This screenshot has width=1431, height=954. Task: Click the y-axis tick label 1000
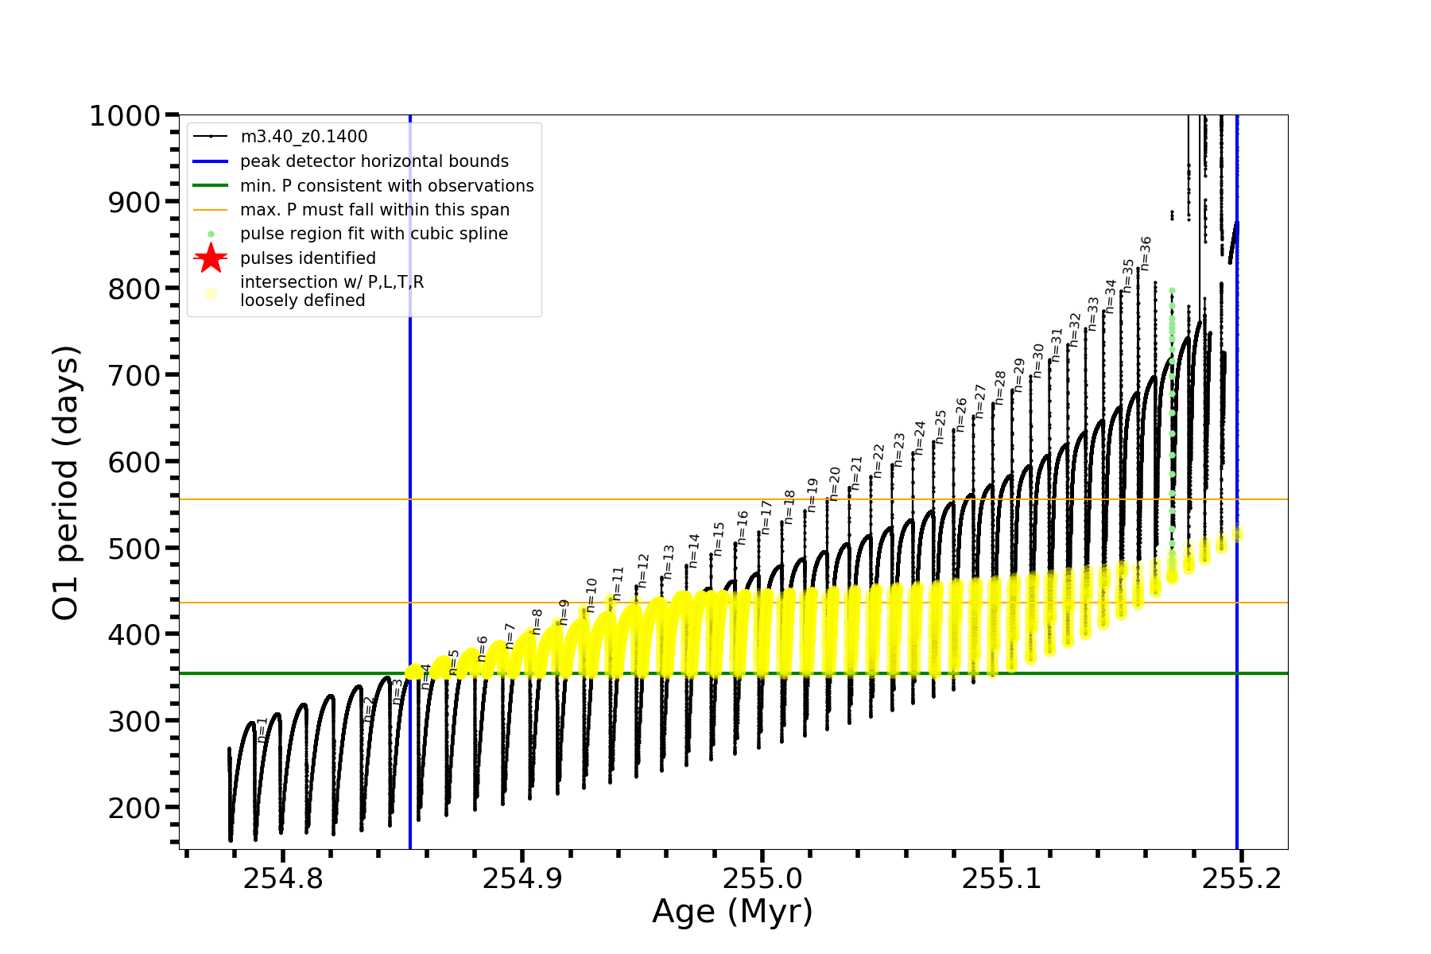pyautogui.click(x=125, y=116)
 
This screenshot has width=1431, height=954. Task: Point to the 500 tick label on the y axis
pyautogui.click(x=134, y=549)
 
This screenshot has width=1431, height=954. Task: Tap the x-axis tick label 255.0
pyautogui.click(x=762, y=878)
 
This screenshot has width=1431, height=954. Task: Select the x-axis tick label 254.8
pyautogui.click(x=283, y=878)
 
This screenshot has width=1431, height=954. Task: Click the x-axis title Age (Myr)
pyautogui.click(x=732, y=912)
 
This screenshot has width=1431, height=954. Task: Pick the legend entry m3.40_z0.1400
pyautogui.click(x=304, y=137)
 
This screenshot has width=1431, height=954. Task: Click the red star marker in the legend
pyautogui.click(x=211, y=258)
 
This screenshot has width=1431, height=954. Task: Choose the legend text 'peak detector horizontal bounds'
pyautogui.click(x=374, y=161)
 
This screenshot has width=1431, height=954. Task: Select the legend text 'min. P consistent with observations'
pyautogui.click(x=387, y=186)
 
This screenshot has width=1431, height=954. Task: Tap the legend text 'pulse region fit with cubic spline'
pyautogui.click(x=374, y=234)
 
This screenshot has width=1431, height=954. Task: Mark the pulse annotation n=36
pyautogui.click(x=1146, y=254)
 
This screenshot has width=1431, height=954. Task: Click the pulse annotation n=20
pyautogui.click(x=835, y=483)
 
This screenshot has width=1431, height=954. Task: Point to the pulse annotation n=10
pyautogui.click(x=591, y=595)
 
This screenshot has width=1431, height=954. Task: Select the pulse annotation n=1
pyautogui.click(x=262, y=730)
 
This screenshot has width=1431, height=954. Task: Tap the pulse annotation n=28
pyautogui.click(x=1000, y=388)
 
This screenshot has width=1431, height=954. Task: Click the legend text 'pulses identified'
pyautogui.click(x=308, y=258)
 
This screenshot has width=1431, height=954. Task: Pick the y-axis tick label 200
pyautogui.click(x=134, y=808)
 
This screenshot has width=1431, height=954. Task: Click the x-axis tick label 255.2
pyautogui.click(x=1241, y=878)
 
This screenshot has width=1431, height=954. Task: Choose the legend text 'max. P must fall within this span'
pyautogui.click(x=374, y=210)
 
